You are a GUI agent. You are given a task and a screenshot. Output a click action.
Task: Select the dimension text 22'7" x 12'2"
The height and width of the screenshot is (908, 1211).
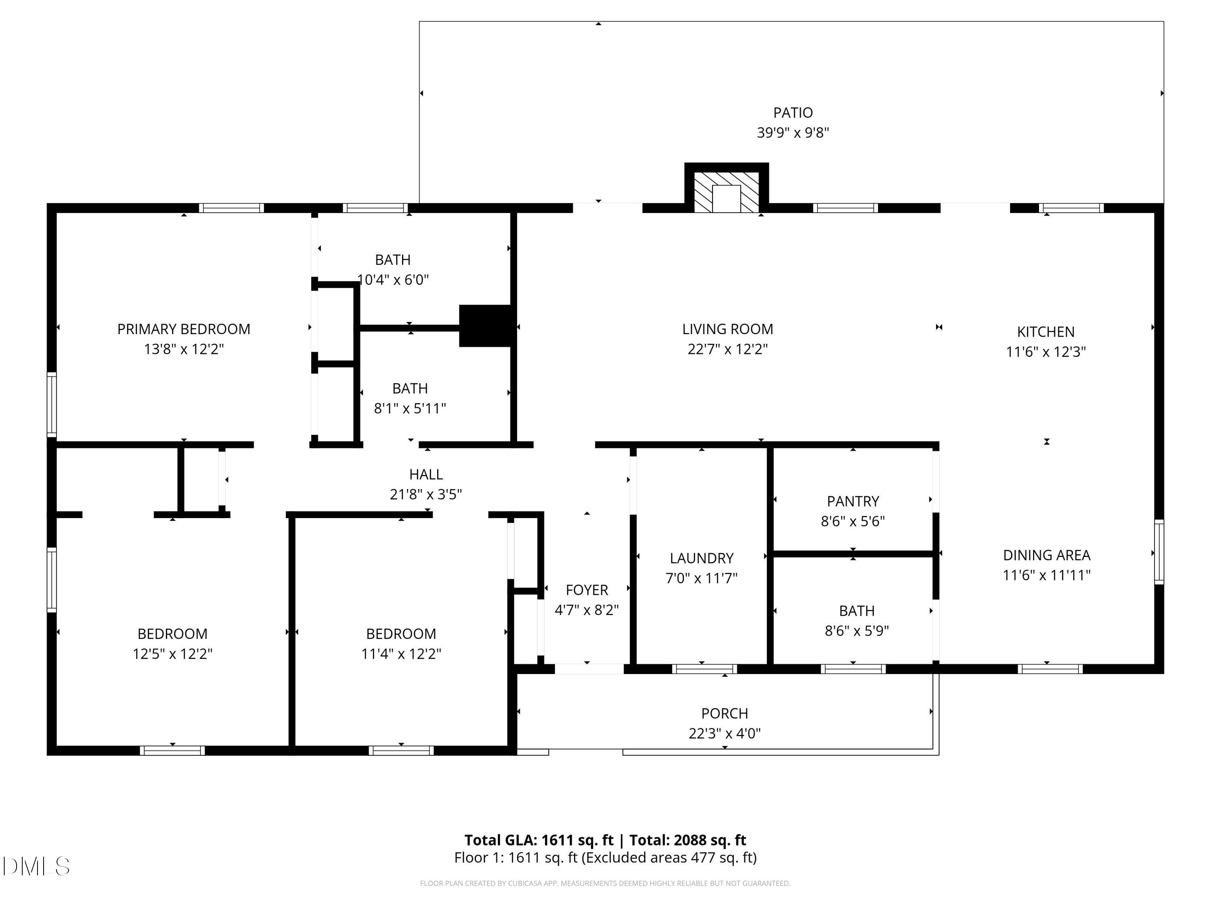(x=727, y=349)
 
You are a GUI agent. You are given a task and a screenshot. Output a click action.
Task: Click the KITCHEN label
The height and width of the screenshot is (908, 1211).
(x=1045, y=332)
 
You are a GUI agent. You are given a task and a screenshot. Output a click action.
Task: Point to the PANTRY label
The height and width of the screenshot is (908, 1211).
(x=853, y=501)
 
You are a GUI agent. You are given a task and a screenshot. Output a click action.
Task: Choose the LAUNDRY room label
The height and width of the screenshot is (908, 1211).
(x=701, y=558)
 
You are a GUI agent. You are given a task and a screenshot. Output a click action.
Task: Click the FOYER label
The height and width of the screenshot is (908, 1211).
(x=587, y=590)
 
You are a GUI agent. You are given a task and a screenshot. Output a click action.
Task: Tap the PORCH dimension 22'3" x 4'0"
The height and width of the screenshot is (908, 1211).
(x=724, y=733)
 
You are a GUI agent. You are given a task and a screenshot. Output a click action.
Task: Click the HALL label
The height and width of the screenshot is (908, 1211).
(x=425, y=474)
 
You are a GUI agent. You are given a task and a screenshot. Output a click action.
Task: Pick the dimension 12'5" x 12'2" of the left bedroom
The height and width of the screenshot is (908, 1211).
(x=172, y=653)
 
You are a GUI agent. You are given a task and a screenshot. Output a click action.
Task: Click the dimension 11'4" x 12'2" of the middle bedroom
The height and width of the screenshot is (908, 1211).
(x=401, y=653)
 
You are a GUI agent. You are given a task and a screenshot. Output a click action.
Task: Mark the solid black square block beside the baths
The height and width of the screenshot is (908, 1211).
(x=486, y=326)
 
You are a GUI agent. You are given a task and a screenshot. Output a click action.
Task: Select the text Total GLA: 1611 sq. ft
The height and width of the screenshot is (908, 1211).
(x=539, y=839)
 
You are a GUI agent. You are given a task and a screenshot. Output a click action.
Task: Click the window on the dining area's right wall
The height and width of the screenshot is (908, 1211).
(x=1159, y=551)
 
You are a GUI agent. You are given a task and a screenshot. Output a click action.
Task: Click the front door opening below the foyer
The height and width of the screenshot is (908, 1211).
(x=589, y=668)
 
